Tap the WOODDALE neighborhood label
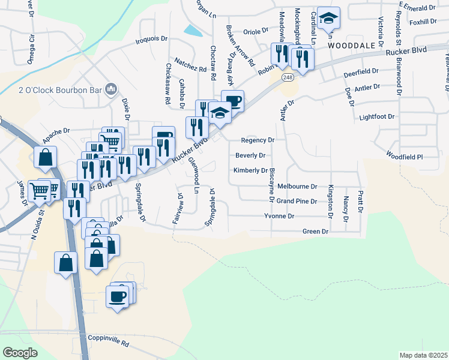(x=355, y=45)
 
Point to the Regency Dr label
(x=257, y=140)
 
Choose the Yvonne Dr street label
(x=280, y=215)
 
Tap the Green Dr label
(x=316, y=231)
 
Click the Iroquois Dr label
(x=151, y=38)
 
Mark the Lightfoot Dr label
(x=377, y=117)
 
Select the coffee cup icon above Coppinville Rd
(x=118, y=295)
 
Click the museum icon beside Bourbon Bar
(x=110, y=90)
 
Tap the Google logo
(x=20, y=352)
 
